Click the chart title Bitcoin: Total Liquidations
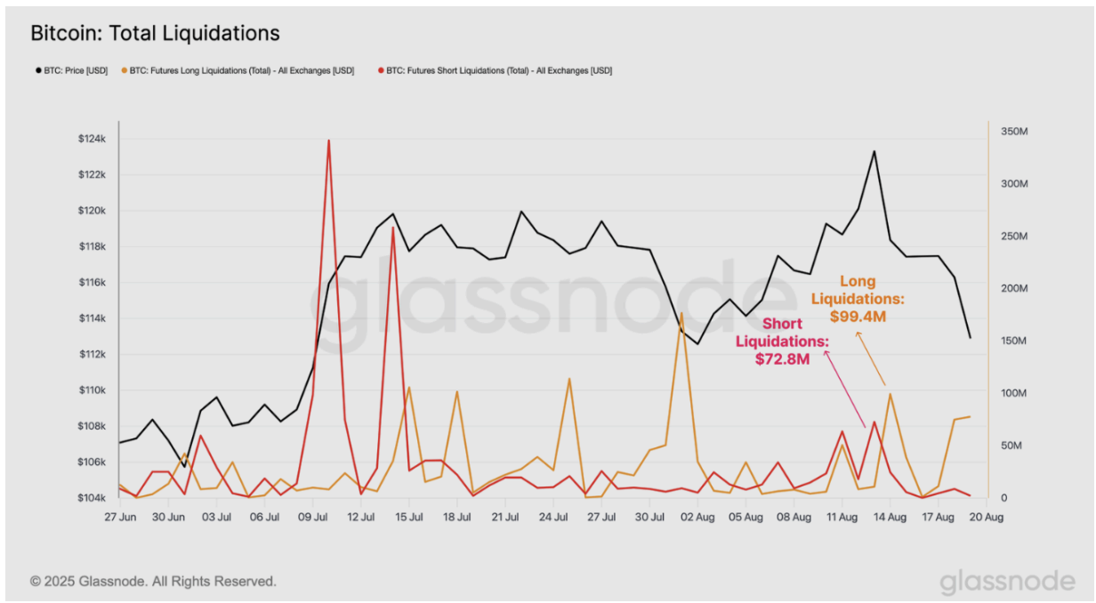click(x=155, y=34)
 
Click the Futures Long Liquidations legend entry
click(x=238, y=70)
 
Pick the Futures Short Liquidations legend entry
click(x=496, y=70)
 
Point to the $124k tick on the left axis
click(x=92, y=139)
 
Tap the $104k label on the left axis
click(x=92, y=498)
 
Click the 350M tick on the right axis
click(x=1014, y=132)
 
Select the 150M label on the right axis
click(x=1014, y=342)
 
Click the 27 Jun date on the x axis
click(x=119, y=517)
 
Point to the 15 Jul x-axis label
click(x=408, y=517)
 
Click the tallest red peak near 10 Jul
click(x=328, y=141)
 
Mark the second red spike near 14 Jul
click(x=393, y=228)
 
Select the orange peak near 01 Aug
click(x=681, y=313)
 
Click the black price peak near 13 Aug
click(x=874, y=151)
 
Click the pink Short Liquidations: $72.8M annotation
click(x=781, y=341)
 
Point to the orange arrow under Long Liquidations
click(x=872, y=359)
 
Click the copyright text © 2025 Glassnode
click(x=153, y=581)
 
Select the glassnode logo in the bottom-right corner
click(x=1007, y=582)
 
